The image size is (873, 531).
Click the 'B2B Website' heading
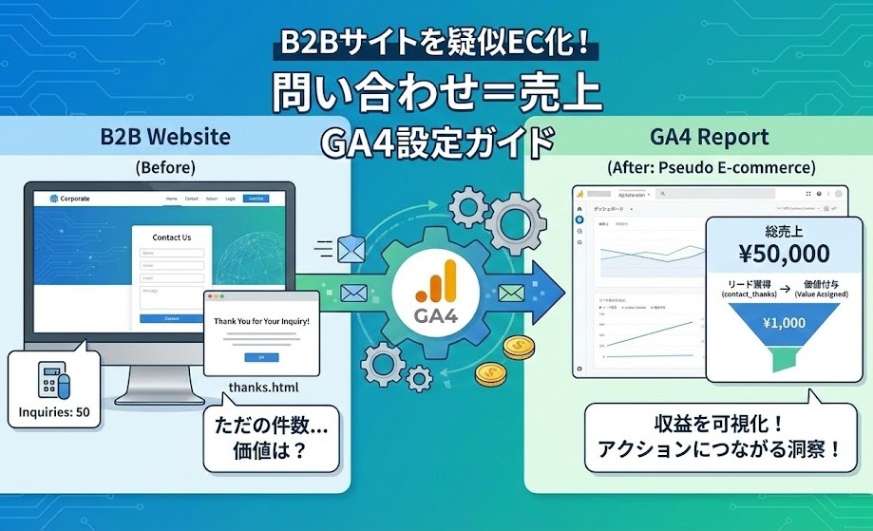pyautogui.click(x=165, y=136)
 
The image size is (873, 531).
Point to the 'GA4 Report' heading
pyautogui.click(x=710, y=136)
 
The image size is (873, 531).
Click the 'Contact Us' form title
pyautogui.click(x=172, y=237)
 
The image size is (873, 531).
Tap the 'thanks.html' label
pyautogui.click(x=260, y=388)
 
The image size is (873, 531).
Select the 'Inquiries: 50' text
pyautogui.click(x=53, y=412)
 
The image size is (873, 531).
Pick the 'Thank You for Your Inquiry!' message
pyautogui.click(x=261, y=321)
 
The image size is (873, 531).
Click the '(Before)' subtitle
pyautogui.click(x=165, y=167)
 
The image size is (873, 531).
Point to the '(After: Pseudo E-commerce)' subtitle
pyautogui.click(x=711, y=167)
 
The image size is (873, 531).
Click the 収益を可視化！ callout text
pyautogui.click(x=718, y=424)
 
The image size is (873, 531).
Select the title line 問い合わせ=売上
pyautogui.click(x=437, y=93)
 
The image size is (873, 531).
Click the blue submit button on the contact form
pyautogui.click(x=172, y=318)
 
